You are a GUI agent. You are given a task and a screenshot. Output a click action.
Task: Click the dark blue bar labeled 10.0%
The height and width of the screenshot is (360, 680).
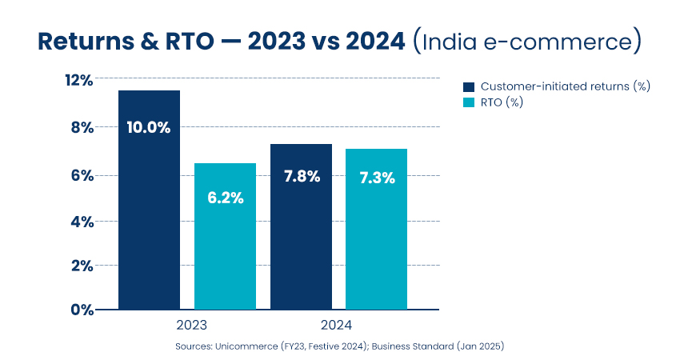pyautogui.click(x=149, y=200)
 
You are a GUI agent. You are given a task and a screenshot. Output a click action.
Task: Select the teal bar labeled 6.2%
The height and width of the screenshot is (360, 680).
pyautogui.click(x=225, y=236)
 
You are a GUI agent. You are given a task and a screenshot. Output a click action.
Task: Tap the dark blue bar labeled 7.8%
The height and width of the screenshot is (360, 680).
pyautogui.click(x=301, y=226)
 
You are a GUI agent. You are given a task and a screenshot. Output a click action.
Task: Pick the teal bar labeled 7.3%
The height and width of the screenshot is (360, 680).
pyautogui.click(x=376, y=229)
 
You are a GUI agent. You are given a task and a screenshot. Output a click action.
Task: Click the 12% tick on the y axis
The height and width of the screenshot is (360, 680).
pyautogui.click(x=79, y=80)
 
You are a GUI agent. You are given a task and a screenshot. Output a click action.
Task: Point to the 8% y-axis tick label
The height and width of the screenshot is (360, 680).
pyautogui.click(x=82, y=127)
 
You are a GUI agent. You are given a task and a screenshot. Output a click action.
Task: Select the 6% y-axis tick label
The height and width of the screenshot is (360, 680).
pyautogui.click(x=82, y=175)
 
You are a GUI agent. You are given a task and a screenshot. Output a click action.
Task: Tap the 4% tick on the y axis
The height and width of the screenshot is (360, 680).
pyautogui.click(x=82, y=221)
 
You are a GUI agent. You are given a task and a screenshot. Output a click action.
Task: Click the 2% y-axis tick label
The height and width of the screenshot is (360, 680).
pyautogui.click(x=82, y=266)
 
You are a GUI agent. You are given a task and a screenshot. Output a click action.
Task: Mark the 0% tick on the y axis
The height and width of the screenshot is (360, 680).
pyautogui.click(x=82, y=310)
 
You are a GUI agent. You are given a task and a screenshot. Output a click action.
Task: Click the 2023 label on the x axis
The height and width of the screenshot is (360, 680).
pyautogui.click(x=191, y=326)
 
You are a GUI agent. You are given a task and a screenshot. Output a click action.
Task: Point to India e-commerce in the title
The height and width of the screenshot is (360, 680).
pyautogui.click(x=527, y=42)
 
